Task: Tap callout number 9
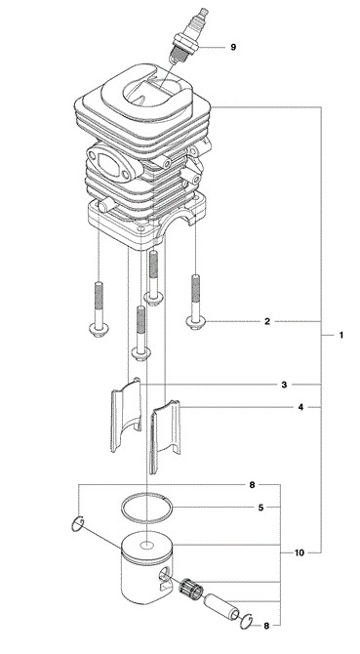click(233, 47)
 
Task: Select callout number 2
click(267, 321)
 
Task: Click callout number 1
click(340, 335)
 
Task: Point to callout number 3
click(284, 385)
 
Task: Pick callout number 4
click(300, 407)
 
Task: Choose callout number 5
click(260, 508)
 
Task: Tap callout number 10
click(300, 553)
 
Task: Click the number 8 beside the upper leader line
click(252, 485)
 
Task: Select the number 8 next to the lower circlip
click(266, 626)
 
